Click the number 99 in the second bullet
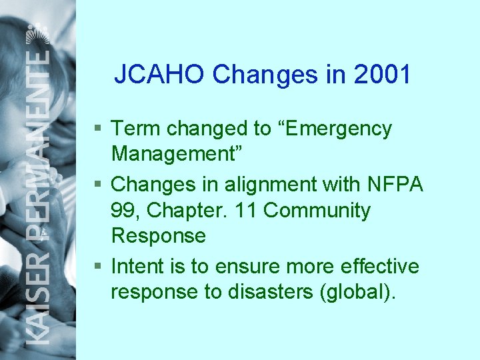click(124, 211)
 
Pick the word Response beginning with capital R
click(159, 236)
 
